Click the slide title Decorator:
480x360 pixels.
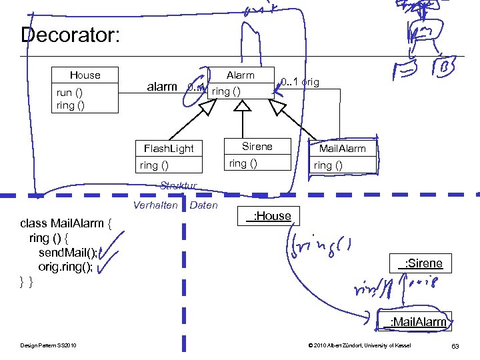click(71, 35)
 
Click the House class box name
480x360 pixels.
click(85, 75)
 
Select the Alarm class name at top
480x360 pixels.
click(240, 75)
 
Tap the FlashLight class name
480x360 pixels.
click(164, 148)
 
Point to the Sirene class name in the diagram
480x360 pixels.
click(257, 147)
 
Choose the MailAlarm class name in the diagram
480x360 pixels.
click(342, 149)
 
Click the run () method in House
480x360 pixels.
click(69, 93)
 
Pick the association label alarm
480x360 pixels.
click(162, 87)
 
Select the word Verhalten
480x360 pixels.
click(155, 205)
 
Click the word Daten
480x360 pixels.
click(204, 205)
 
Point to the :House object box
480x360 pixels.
click(268, 216)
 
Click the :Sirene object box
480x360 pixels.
click(420, 263)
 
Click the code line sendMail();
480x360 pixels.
click(69, 252)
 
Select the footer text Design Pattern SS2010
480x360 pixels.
click(49, 345)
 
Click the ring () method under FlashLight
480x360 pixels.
click(154, 165)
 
